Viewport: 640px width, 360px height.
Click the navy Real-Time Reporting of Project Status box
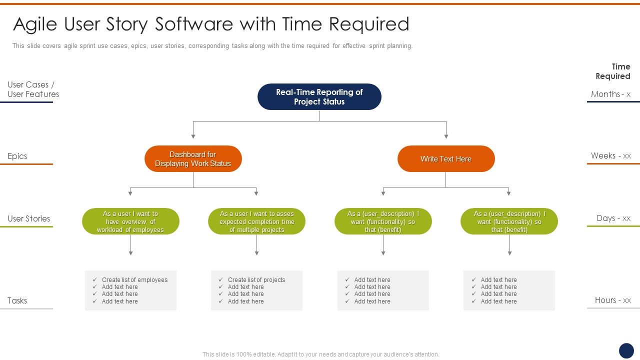pos(319,96)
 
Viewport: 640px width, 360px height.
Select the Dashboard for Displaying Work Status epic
pos(193,159)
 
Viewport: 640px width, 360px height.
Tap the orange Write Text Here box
pos(446,159)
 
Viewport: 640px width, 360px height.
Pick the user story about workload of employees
pos(130,221)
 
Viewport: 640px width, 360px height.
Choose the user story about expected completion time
pos(256,221)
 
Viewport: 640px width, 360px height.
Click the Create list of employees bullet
pos(134,280)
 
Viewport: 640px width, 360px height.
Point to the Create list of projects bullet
pos(256,280)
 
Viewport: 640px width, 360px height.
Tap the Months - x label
pos(610,94)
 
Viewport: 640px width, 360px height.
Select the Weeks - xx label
pos(610,156)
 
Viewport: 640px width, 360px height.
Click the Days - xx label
pos(613,218)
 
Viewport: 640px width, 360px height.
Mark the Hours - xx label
pos(612,300)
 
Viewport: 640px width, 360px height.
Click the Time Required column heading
pos(613,71)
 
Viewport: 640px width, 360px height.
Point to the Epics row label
pos(17,156)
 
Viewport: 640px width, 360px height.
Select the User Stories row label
pos(29,218)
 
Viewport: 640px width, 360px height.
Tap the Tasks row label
pos(17,300)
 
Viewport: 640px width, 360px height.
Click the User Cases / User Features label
pos(33,89)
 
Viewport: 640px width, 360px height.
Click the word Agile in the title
pos(34,24)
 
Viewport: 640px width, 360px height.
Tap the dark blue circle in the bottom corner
pos(626,350)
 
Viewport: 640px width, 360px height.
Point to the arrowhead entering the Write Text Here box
pos(446,136)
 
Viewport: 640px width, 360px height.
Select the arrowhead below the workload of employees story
pos(130,253)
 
